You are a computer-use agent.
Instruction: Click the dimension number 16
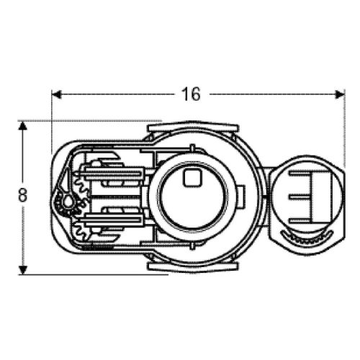(191, 94)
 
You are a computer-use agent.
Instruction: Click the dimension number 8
(23, 194)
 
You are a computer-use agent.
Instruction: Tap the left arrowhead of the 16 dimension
(57, 94)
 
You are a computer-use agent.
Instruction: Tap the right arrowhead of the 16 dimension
(340, 94)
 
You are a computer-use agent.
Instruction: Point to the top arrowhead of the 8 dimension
(22, 127)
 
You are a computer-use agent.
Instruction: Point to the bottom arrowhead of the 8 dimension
(22, 269)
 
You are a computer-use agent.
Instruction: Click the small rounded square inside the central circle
(192, 177)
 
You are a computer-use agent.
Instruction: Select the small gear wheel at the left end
(68, 203)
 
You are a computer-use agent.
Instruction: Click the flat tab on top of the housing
(193, 127)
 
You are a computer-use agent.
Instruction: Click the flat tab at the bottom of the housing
(193, 266)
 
